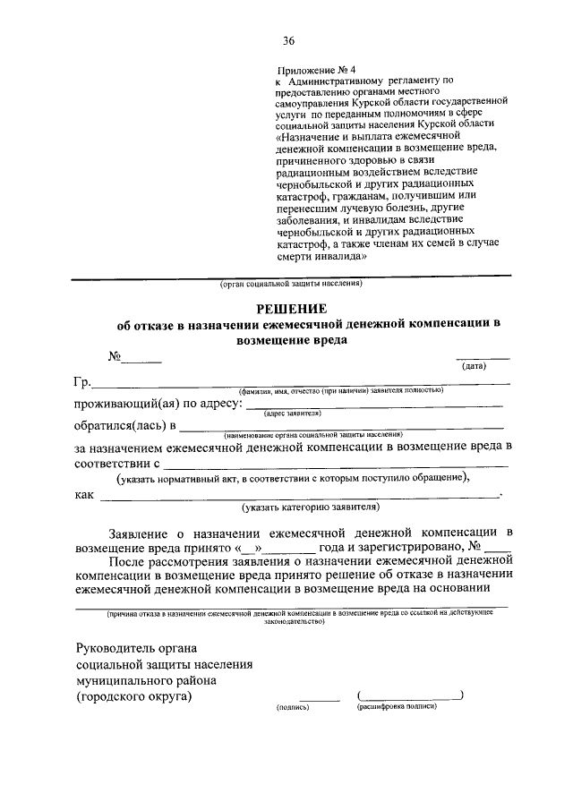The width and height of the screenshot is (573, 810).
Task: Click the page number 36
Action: (x=288, y=40)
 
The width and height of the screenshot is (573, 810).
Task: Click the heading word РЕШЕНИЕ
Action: (x=289, y=308)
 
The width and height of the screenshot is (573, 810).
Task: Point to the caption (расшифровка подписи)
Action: (x=395, y=706)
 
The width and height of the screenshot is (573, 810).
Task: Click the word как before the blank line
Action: (x=85, y=493)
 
